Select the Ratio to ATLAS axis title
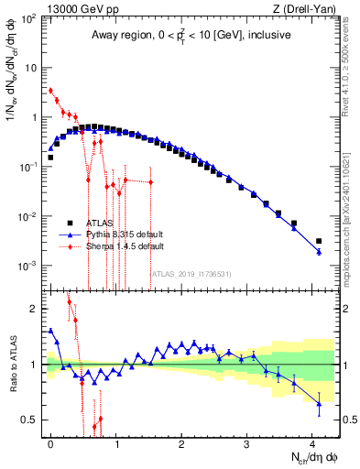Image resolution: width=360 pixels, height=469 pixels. click(11, 364)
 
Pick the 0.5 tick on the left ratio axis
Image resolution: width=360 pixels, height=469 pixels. click(30, 420)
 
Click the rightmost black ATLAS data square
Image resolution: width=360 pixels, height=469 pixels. click(319, 241)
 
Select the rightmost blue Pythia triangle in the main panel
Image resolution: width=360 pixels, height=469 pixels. click(319, 251)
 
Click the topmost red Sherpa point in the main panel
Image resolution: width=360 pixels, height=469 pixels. click(50, 91)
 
